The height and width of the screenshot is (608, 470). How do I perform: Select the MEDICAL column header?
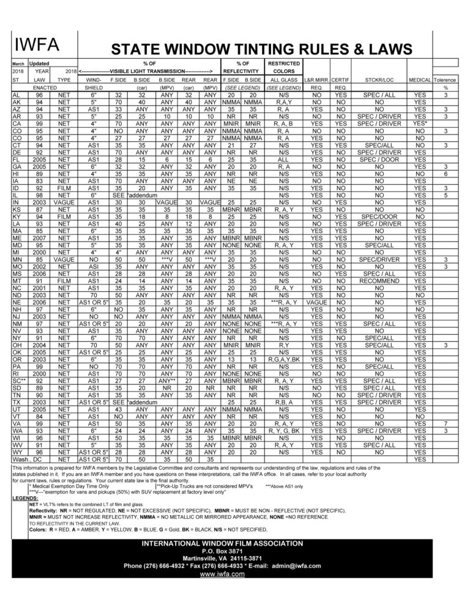[419, 80]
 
